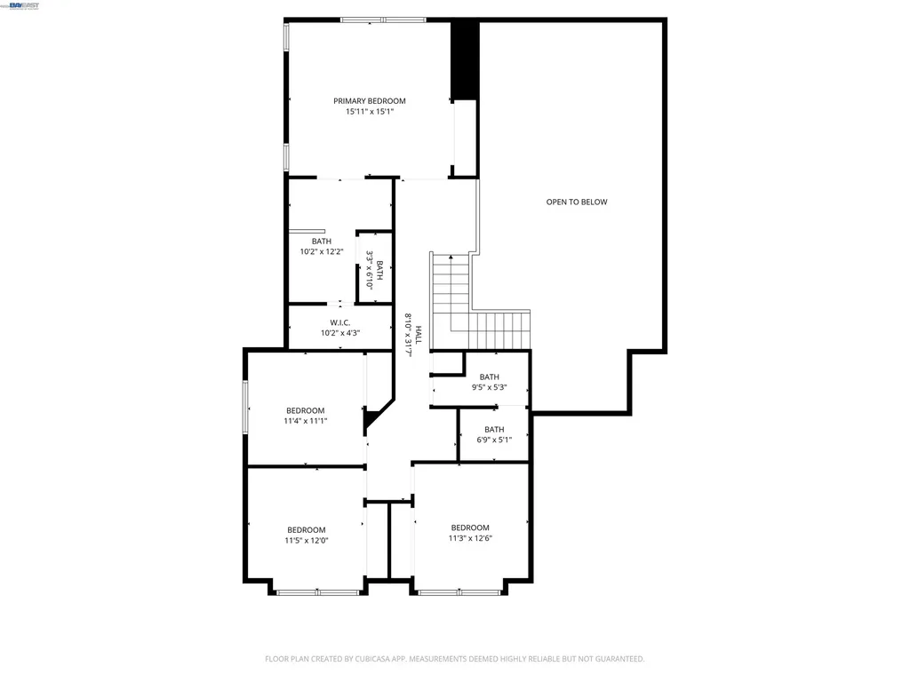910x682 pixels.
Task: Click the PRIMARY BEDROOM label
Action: point(370,101)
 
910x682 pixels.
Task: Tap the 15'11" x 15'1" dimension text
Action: point(370,112)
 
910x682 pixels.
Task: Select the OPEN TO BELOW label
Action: point(577,202)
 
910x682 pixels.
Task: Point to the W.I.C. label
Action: point(339,322)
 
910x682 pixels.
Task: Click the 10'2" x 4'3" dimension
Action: point(339,333)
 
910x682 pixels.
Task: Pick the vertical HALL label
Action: point(419,335)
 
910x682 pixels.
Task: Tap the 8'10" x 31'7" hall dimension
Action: point(409,335)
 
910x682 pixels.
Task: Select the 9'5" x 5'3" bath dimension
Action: point(489,387)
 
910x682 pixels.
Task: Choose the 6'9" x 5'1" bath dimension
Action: point(494,440)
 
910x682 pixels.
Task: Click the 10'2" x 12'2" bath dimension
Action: point(321,251)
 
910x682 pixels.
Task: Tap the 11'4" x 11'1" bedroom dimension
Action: point(305,421)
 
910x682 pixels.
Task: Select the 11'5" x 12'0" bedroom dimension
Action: point(306,540)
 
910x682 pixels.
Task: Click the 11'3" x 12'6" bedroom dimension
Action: point(470,537)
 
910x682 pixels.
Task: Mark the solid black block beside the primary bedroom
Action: point(465,59)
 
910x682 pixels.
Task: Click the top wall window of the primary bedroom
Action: point(383,20)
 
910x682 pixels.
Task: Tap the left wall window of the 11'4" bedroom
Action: point(246,408)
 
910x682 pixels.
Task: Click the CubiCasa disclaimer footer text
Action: point(454,659)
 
